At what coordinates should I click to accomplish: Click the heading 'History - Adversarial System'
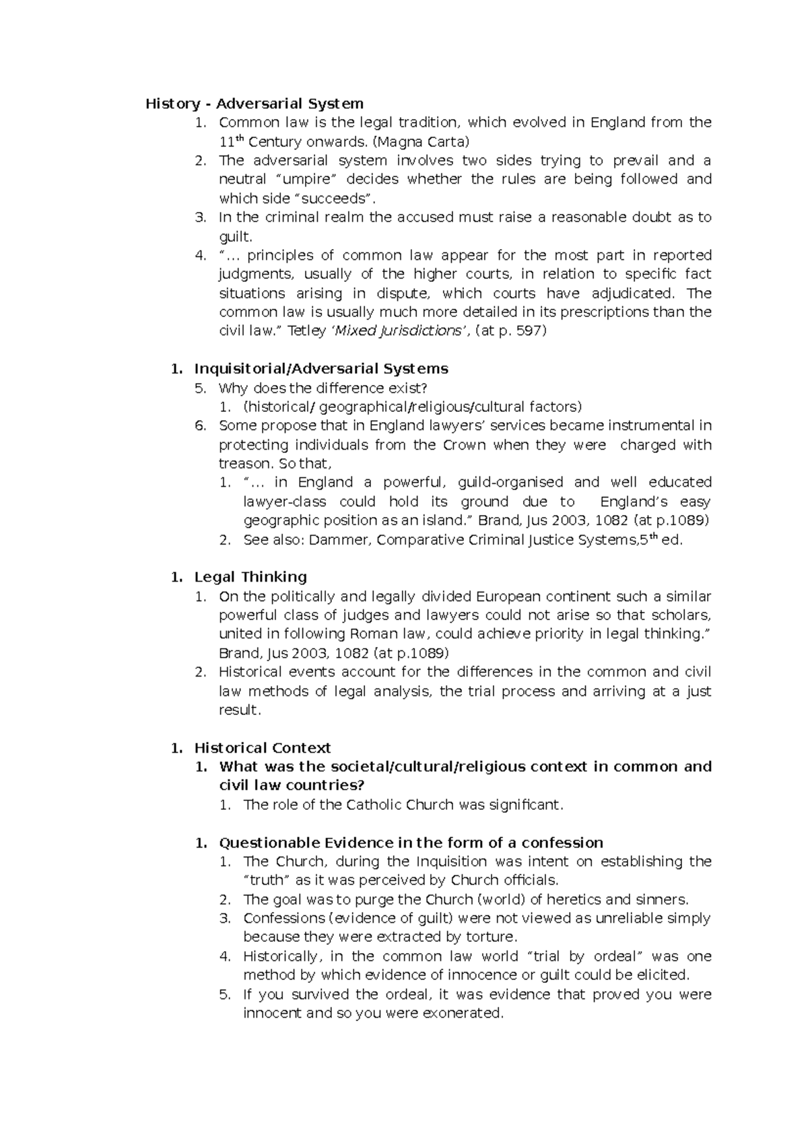click(x=255, y=104)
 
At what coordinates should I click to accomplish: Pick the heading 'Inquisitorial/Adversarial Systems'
click(x=321, y=369)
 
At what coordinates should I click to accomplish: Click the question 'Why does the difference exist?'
click(x=323, y=388)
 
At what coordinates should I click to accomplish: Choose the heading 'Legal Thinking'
click(x=250, y=577)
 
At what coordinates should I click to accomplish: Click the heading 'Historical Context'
click(x=263, y=748)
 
